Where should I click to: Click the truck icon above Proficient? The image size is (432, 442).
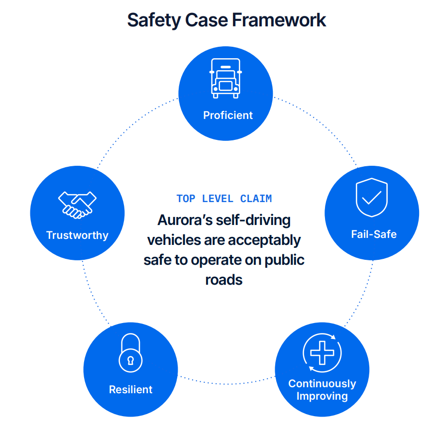click(x=225, y=78)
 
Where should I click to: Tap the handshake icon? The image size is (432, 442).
click(x=77, y=204)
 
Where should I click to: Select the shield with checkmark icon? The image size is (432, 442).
click(x=371, y=198)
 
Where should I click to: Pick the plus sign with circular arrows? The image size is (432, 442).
click(x=322, y=353)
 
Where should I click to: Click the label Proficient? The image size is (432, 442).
click(x=228, y=115)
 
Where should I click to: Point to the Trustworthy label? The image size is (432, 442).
click(x=77, y=235)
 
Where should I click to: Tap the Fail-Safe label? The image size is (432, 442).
click(x=374, y=234)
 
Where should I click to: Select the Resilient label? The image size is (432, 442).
click(x=130, y=389)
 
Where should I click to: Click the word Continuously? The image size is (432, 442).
click(x=322, y=384)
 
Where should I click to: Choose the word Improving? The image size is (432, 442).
click(x=322, y=396)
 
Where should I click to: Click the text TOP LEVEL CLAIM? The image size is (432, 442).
click(x=224, y=199)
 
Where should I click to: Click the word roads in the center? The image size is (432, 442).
click(x=224, y=279)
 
